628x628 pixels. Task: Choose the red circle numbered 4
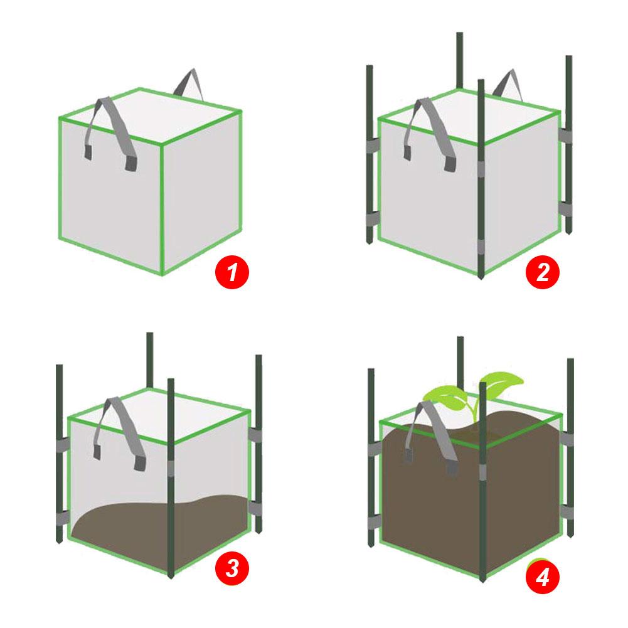pos(541,574)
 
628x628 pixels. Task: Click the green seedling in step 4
pos(477,392)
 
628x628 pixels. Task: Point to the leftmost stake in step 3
pos(59,452)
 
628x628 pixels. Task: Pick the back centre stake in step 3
pos(149,358)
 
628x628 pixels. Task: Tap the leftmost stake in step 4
pos(371,452)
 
